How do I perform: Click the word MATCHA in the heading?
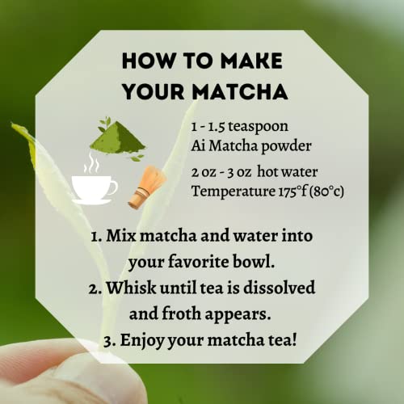240,91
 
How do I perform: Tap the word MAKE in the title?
251,61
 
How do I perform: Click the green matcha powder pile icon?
117,138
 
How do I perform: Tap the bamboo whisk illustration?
147,187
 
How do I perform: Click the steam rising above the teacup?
91,163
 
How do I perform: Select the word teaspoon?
258,127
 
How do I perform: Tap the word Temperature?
234,191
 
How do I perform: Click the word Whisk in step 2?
131,288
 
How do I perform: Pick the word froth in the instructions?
181,314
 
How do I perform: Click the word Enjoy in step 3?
142,341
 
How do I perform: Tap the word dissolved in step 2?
279,287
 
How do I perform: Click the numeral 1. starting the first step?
96,236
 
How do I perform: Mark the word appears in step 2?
238,315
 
